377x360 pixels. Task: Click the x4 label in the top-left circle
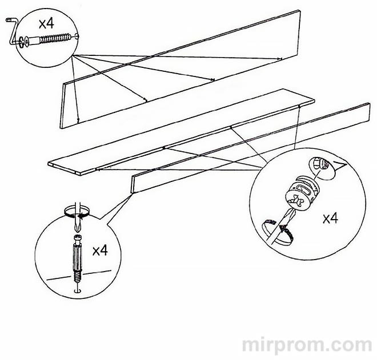[46, 25]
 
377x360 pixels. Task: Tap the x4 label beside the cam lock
[330, 219]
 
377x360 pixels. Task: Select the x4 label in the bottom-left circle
[100, 250]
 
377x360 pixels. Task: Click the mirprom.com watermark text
[307, 345]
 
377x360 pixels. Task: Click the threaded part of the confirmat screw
[55, 38]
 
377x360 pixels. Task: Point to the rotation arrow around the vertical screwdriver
[77, 213]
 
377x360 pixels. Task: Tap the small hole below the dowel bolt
[77, 291]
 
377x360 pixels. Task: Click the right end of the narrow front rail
[369, 112]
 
